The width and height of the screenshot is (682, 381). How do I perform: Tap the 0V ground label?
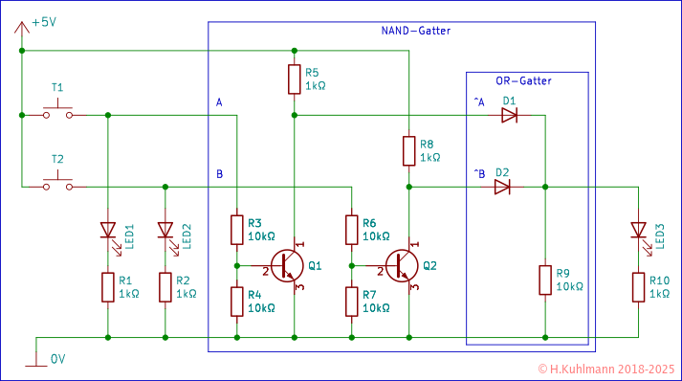pyautogui.click(x=58, y=359)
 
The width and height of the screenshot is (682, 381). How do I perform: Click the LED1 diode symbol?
pyautogui.click(x=107, y=231)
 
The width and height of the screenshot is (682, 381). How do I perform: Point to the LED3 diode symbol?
pyautogui.click(x=638, y=231)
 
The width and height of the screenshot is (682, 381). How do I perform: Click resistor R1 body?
pyautogui.click(x=107, y=286)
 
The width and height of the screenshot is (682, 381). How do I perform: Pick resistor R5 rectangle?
pyautogui.click(x=294, y=79)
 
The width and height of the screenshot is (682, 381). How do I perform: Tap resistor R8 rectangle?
pyautogui.click(x=408, y=150)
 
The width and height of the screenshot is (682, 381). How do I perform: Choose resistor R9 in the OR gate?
pyautogui.click(x=544, y=280)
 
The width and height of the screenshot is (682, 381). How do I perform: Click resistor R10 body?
pyautogui.click(x=638, y=286)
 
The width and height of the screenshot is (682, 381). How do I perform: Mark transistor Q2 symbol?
pyautogui.click(x=403, y=265)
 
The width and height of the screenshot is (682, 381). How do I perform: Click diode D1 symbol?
pyautogui.click(x=509, y=115)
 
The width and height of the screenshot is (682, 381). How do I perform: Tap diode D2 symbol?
pyautogui.click(x=502, y=187)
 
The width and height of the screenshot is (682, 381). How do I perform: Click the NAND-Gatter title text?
pyautogui.click(x=408, y=32)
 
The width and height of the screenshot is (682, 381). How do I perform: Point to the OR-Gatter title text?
pyautogui.click(x=523, y=81)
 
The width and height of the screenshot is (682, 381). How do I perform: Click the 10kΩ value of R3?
pyautogui.click(x=261, y=235)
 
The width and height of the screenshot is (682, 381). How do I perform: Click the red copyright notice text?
pyautogui.click(x=605, y=369)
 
